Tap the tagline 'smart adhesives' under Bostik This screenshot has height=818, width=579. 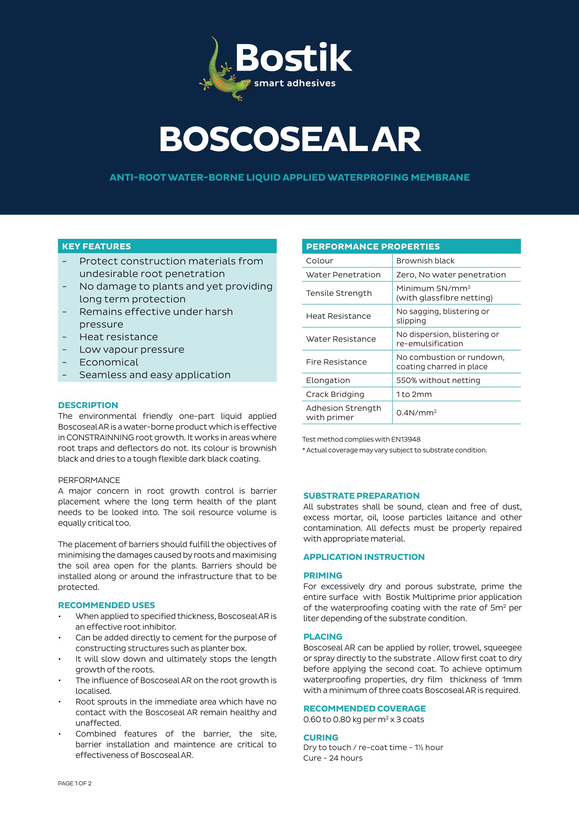click(294, 83)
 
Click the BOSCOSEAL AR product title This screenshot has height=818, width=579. click(289, 139)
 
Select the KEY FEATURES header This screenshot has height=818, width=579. click(96, 246)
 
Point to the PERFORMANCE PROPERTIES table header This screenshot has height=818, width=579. click(372, 247)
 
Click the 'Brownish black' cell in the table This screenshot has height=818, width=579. click(425, 261)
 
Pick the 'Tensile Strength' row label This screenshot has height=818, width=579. click(339, 293)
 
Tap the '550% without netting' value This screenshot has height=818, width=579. click(438, 380)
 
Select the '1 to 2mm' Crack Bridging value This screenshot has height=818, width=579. click(413, 394)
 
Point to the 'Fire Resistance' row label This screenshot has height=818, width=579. click(336, 362)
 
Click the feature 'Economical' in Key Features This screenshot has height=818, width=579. click(109, 362)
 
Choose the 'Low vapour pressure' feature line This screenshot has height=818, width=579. click(132, 349)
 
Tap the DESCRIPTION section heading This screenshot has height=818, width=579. click(88, 405)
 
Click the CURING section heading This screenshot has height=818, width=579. click(321, 738)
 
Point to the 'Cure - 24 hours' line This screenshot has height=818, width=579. click(333, 758)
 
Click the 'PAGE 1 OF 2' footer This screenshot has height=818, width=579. click(75, 783)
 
